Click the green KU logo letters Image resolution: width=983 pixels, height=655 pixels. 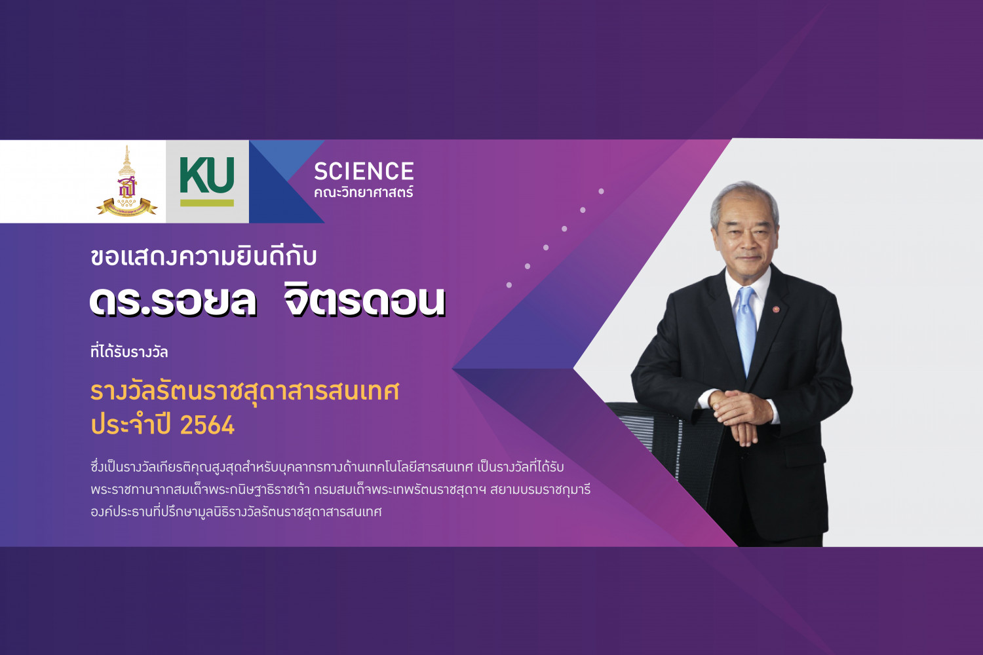tap(206, 176)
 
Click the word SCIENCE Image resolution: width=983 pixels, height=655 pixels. tap(364, 171)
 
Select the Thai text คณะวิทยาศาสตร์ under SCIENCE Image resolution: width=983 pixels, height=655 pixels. tap(363, 192)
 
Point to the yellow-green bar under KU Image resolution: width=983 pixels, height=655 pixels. tap(206, 202)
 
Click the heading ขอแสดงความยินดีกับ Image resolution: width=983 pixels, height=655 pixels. tap(203, 256)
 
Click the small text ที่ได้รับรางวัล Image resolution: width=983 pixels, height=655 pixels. tap(129, 352)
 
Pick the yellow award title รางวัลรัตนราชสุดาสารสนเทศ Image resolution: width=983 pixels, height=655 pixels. tap(244, 391)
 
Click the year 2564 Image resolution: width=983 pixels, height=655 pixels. tap(208, 425)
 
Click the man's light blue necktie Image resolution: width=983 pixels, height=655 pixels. tap(746, 329)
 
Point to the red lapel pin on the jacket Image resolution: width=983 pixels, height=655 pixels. tap(776, 310)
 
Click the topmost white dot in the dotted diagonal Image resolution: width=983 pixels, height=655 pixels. tap(601, 191)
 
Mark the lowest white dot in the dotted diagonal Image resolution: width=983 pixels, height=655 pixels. tap(509, 285)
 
